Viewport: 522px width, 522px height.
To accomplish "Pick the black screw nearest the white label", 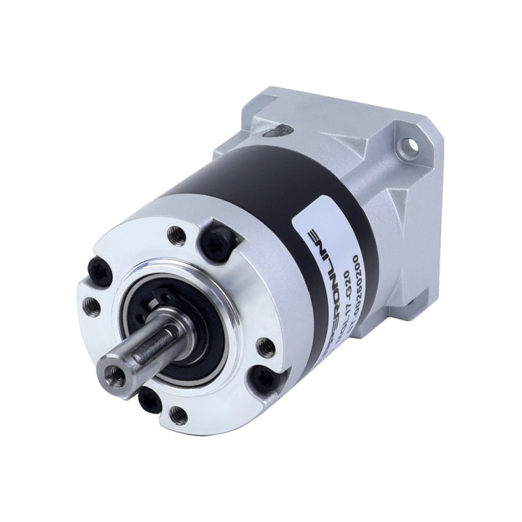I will click(x=215, y=242).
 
